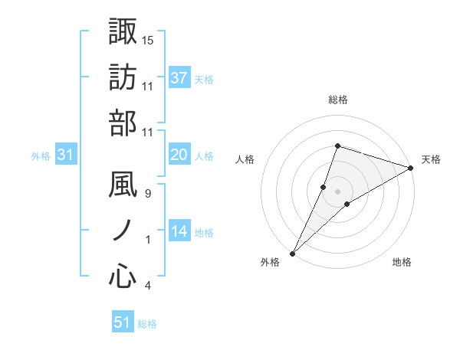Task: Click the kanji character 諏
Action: [123, 31]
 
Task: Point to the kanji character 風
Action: [123, 186]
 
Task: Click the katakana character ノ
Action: [123, 231]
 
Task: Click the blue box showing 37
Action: [179, 78]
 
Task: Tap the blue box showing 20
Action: [179, 155]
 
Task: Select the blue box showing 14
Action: [179, 231]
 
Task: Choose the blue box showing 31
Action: [66, 155]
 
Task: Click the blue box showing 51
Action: [123, 322]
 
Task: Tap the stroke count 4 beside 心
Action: [148, 286]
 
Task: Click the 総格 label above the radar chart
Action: [337, 100]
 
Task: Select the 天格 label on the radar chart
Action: [431, 159]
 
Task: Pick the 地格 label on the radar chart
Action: [402, 262]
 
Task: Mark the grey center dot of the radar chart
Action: [337, 191]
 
